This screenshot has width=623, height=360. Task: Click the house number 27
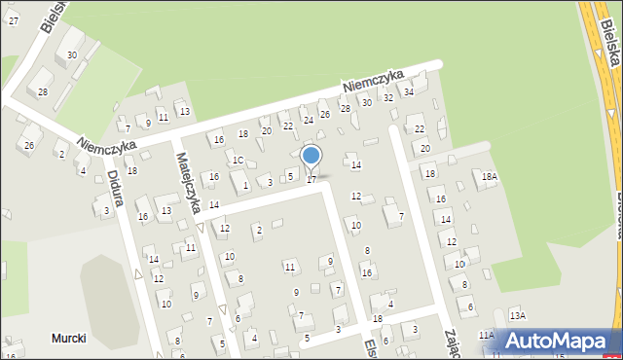13,20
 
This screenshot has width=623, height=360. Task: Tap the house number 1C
238,160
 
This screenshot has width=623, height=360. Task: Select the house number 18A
489,176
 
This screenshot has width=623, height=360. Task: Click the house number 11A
486,335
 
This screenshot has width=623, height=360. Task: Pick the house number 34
409,91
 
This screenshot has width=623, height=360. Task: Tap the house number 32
387,97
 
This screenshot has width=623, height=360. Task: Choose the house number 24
309,120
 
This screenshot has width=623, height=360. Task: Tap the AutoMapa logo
558,341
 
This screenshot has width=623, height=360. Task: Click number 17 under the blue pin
311,180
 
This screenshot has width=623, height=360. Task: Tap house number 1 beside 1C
245,185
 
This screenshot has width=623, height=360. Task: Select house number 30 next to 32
366,102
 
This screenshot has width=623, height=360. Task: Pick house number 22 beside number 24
287,126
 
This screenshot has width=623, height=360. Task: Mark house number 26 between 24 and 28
325,114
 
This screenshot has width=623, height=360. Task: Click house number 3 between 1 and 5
270,182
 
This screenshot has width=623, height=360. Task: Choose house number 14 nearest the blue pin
356,165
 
